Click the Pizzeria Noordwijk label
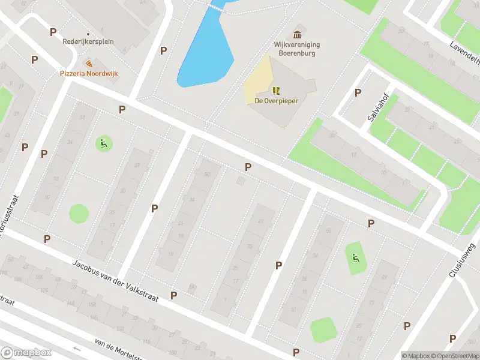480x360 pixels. pyautogui.click(x=88, y=73)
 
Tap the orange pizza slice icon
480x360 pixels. pyautogui.click(x=89, y=63)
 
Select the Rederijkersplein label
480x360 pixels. pyautogui.click(x=88, y=42)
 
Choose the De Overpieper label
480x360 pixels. pyautogui.click(x=277, y=101)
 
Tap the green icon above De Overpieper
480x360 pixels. pyautogui.click(x=277, y=91)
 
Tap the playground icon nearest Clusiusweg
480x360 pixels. pyautogui.click(x=356, y=259)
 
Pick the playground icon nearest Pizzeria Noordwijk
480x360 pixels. pyautogui.click(x=103, y=143)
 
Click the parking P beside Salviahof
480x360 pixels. pyautogui.click(x=358, y=92)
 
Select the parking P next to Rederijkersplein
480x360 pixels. pyautogui.click(x=53, y=32)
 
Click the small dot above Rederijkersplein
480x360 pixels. pyautogui.click(x=88, y=34)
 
